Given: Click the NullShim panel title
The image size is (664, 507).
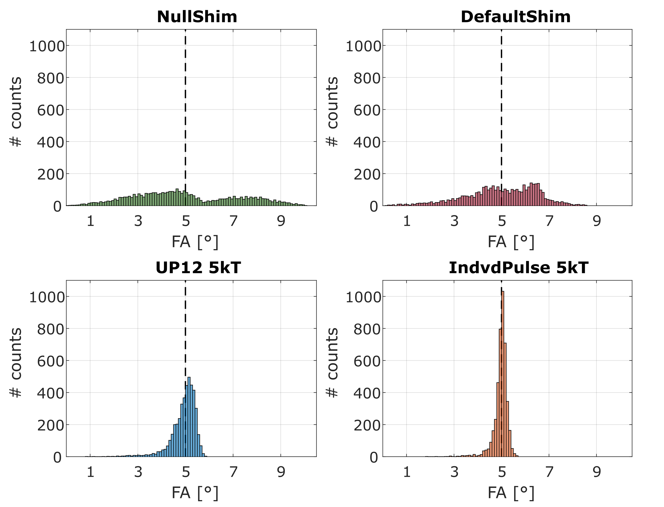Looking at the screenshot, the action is coord(197,17).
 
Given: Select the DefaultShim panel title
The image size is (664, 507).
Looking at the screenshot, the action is coord(515,17).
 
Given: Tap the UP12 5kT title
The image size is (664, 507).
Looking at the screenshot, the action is coord(198,268).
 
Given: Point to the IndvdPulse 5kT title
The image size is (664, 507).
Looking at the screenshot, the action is coord(518,268).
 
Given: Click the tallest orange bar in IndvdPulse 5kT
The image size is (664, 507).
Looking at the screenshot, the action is coord(503,374).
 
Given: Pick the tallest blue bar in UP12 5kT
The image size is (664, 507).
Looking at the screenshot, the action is coord(189,417).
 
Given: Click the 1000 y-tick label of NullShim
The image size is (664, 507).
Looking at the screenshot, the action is coord(47,47).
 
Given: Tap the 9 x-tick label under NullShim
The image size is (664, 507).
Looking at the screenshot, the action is coord(281,221).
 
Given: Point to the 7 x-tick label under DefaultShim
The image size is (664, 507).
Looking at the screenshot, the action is coord(549,221).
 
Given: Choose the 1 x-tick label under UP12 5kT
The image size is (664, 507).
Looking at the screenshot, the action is coord(90,472).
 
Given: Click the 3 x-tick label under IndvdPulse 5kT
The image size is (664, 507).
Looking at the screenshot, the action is coord(454,472).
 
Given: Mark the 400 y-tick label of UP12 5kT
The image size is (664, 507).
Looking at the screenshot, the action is coord(51,393).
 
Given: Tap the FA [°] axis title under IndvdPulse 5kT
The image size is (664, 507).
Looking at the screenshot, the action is coord(511,493).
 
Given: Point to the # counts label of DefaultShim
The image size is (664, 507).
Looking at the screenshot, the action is coord(332,112).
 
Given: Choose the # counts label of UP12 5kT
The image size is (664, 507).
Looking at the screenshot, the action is coord(16,363).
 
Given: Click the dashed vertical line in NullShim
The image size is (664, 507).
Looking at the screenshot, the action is coord(185,118).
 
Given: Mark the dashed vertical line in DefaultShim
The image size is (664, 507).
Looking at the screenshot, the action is coord(501,118).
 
